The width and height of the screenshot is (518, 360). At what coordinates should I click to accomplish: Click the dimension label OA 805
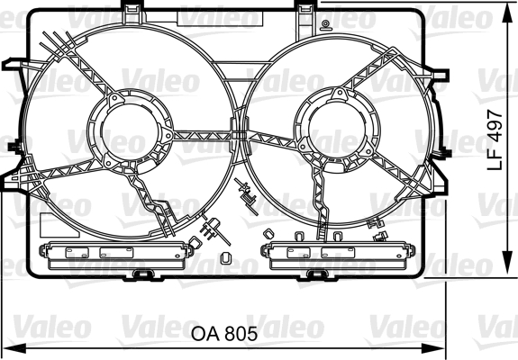coord(224,333)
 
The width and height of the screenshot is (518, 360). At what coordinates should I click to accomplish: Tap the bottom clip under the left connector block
coord(140,272)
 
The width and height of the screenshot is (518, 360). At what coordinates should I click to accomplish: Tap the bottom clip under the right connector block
coord(314,272)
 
